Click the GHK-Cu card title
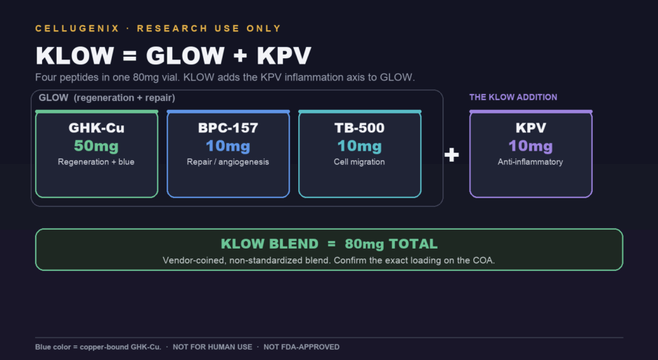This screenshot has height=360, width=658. tap(97, 127)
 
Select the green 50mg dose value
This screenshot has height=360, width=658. tap(97, 146)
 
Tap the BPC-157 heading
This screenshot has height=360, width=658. tap(228, 127)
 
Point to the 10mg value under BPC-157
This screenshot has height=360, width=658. tap(228, 146)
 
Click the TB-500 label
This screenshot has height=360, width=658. tap(360, 127)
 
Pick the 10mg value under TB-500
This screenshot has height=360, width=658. tap(360, 146)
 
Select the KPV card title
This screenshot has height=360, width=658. tap(531, 127)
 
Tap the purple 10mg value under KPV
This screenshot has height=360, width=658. tap(531, 146)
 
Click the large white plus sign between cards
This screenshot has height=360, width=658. tap(451, 155)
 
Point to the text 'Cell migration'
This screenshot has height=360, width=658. tap(359, 162)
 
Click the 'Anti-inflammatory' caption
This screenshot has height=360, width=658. tap(531, 162)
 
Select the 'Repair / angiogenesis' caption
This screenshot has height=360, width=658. tap(228, 162)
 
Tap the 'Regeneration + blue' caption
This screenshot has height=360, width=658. tap(96, 162)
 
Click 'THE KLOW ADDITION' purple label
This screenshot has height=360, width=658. tap(513, 97)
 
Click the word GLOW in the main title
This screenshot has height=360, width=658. tap(185, 55)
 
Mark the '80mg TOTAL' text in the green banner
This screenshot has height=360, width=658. tap(391, 244)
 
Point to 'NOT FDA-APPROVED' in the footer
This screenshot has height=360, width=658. tap(301, 347)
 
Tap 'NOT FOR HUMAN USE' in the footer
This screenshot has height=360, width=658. tap(212, 347)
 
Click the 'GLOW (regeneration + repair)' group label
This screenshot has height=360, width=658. tap(107, 98)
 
